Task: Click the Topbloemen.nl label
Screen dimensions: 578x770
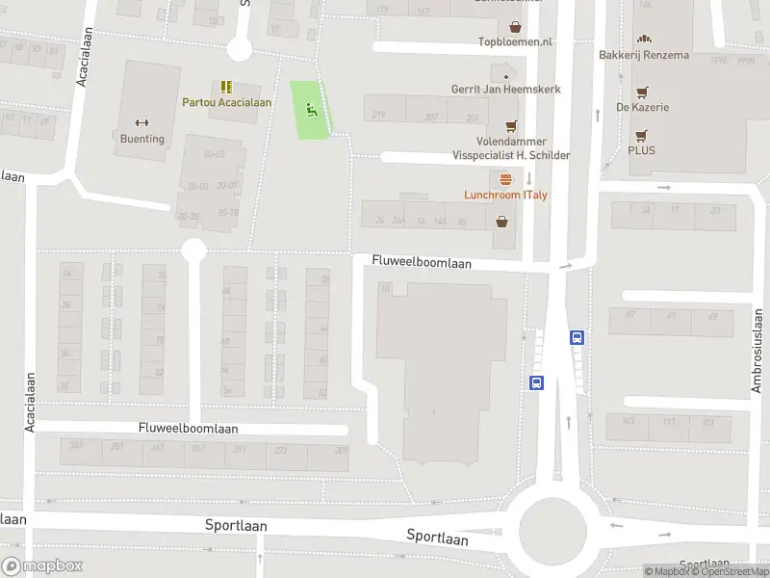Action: [x=516, y=42]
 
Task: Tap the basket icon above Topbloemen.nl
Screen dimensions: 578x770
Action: [x=516, y=27]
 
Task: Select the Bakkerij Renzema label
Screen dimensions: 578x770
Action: [x=644, y=55]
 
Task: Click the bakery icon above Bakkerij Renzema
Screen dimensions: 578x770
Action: [x=644, y=39]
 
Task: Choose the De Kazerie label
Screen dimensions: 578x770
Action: [x=643, y=107]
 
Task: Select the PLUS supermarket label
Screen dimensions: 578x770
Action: [x=641, y=150]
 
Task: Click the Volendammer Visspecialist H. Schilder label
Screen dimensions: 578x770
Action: [x=511, y=148]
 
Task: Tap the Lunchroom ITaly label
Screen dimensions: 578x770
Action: [x=506, y=196]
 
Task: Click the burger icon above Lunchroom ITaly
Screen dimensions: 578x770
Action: [x=506, y=179]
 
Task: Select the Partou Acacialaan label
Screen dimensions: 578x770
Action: [x=227, y=102]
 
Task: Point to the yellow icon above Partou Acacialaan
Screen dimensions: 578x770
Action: [x=227, y=87]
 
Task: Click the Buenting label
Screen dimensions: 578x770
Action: [x=142, y=139]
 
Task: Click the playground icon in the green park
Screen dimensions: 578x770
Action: [x=310, y=110]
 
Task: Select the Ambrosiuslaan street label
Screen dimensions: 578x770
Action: [x=757, y=351]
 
